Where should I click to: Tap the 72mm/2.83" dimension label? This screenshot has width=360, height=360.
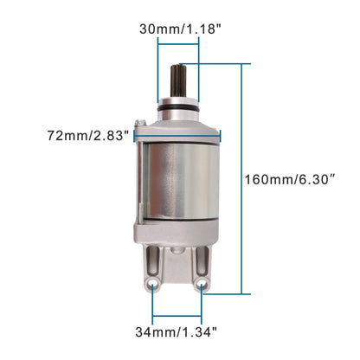89,135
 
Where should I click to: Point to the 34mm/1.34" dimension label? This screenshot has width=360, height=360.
179,330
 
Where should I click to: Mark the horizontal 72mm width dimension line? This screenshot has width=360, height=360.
178,134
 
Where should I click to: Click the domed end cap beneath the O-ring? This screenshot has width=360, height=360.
178,119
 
